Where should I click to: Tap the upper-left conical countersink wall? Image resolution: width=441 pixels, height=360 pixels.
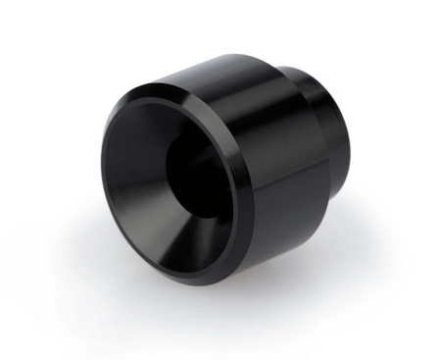click(x=132, y=137)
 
